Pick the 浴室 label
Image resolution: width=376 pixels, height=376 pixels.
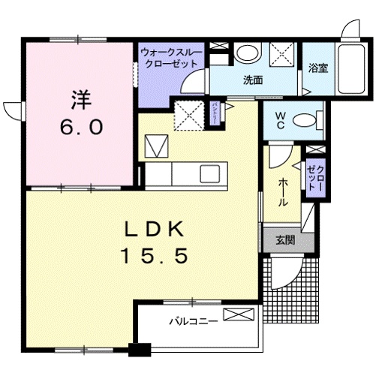click(317, 68)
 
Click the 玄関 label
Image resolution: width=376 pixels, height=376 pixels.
click(285, 240)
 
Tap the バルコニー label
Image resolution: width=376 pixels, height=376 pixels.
click(194, 320)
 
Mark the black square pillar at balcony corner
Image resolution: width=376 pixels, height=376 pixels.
click(136, 349)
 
